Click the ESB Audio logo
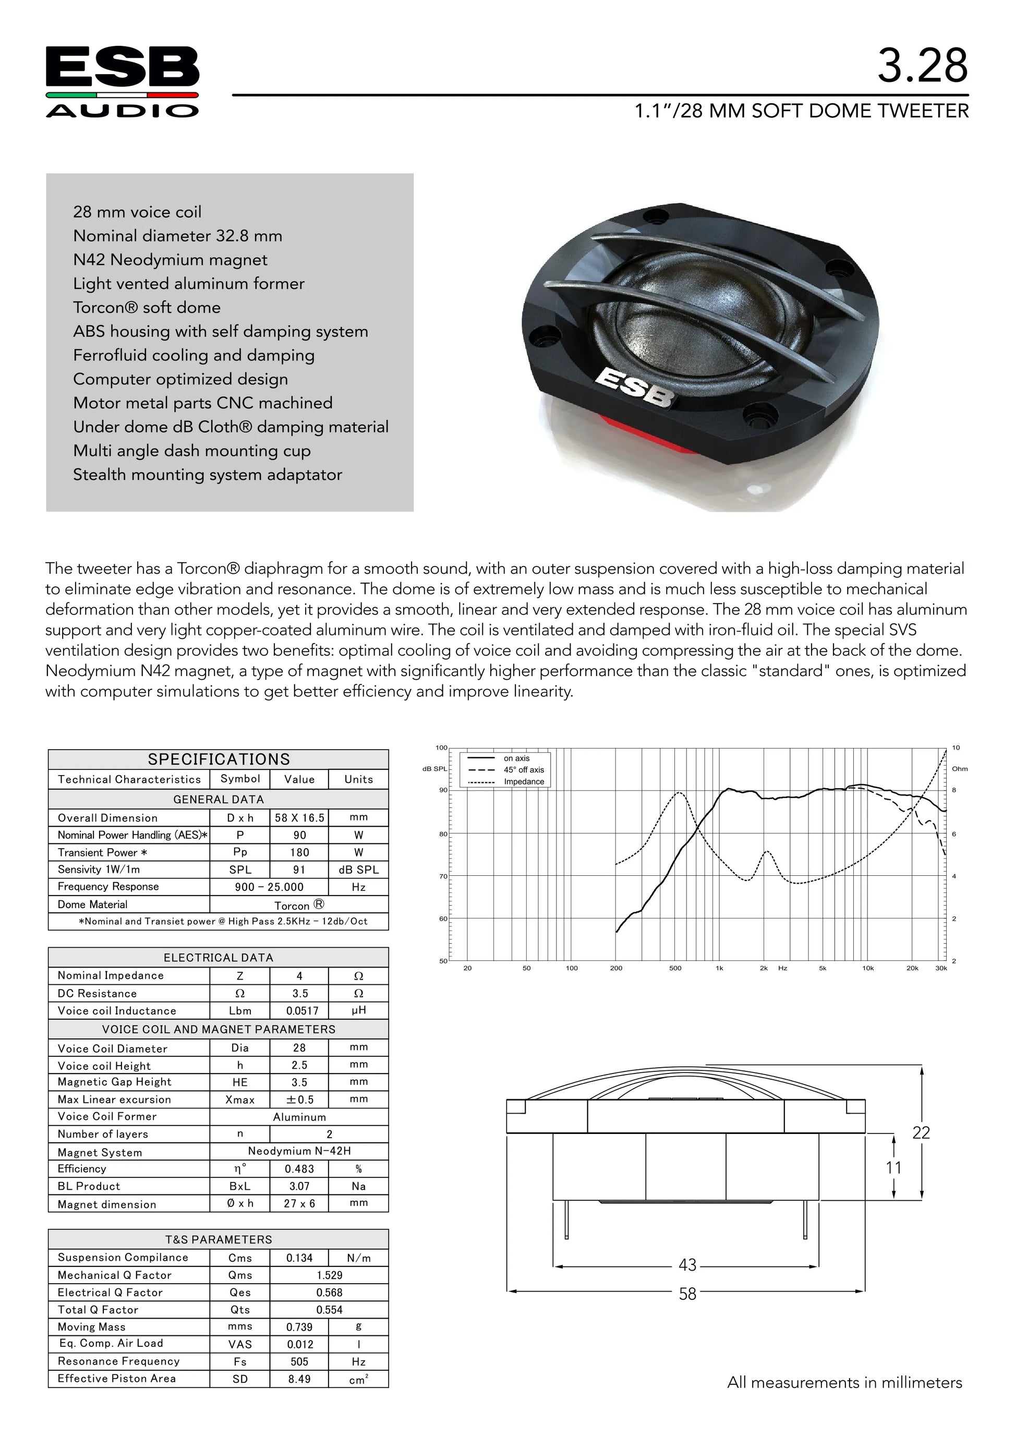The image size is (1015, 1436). click(x=123, y=81)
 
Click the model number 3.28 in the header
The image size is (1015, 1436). click(x=923, y=66)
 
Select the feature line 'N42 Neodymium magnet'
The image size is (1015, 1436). click(x=170, y=260)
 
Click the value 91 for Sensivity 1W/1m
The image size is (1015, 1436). click(x=299, y=870)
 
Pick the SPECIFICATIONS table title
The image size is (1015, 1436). click(x=219, y=759)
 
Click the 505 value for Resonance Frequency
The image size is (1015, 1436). click(x=299, y=1361)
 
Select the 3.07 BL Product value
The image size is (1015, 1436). click(x=299, y=1186)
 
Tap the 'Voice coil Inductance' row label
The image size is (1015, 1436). click(x=117, y=1011)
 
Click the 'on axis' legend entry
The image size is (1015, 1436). click(x=516, y=758)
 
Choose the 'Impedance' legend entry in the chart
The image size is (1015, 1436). click(x=524, y=782)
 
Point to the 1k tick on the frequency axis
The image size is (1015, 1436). click(x=720, y=968)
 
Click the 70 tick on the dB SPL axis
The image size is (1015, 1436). click(x=443, y=876)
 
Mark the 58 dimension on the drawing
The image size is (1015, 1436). click(x=687, y=1294)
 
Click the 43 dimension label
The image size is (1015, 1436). click(x=687, y=1265)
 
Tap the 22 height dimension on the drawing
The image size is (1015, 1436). click(x=921, y=1132)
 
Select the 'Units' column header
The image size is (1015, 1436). click(x=358, y=779)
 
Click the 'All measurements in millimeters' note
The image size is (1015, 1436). click(x=844, y=1383)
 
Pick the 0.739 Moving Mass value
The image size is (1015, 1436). click(x=299, y=1327)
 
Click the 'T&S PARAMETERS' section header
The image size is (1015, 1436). click(x=219, y=1240)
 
